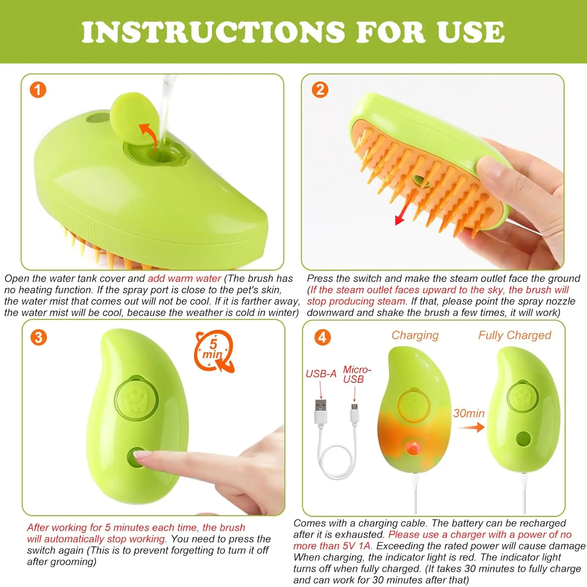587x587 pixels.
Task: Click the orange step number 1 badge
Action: click(x=38, y=90)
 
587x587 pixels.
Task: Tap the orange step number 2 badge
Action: click(x=320, y=90)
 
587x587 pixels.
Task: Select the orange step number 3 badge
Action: click(x=38, y=337)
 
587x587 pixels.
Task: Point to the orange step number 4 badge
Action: click(x=322, y=337)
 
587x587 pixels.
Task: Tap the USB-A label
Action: click(x=321, y=374)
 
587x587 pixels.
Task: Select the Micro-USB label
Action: click(x=357, y=375)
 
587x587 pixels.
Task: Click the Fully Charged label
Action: click(x=514, y=335)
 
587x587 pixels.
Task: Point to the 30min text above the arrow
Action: click(x=469, y=413)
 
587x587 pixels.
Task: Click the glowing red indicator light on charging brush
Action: click(x=411, y=448)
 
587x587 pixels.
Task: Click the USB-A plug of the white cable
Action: click(x=321, y=411)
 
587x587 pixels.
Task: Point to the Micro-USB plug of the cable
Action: click(x=355, y=414)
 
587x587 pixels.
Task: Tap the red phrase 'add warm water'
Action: click(x=184, y=279)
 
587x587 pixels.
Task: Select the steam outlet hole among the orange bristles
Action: click(x=420, y=180)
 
